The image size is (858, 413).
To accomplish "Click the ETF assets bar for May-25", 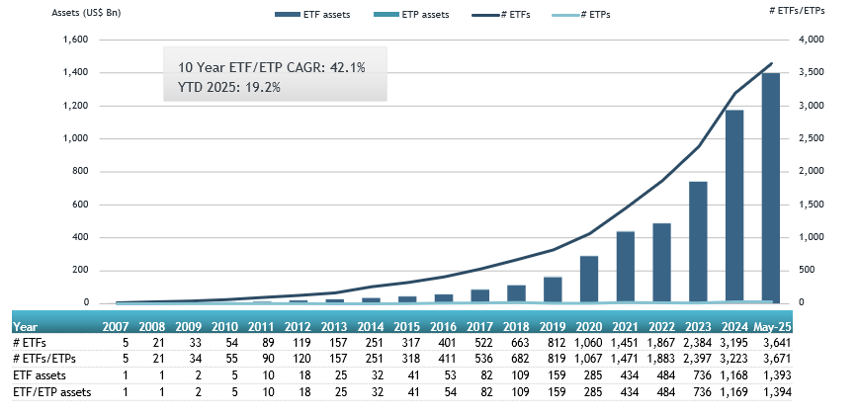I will pos(770,188).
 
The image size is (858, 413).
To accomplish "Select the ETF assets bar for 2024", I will pos(734,206).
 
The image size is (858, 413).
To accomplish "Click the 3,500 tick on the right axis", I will pos(808,73).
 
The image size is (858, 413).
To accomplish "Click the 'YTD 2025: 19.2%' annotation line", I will pos(229,87).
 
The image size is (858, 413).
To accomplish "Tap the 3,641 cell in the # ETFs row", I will pos(774,342).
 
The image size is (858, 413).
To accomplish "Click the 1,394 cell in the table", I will pos(774,393).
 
